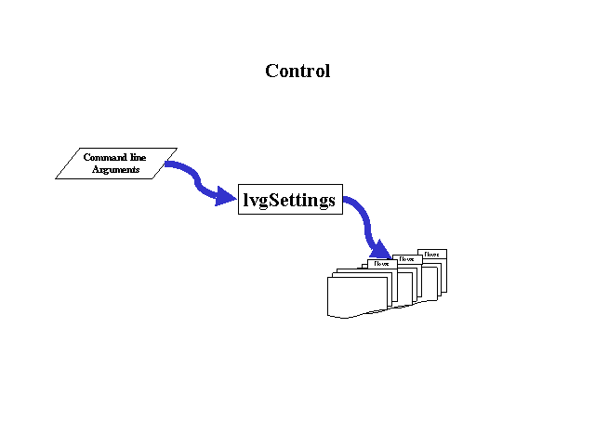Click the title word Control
point(297,71)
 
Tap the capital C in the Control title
point(271,71)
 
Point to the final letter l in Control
point(326,71)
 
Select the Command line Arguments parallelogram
point(115,164)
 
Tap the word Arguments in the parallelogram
point(115,170)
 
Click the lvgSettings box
point(289,199)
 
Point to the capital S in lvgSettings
point(274,199)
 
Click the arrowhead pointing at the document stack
point(378,250)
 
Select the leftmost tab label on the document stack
point(381,264)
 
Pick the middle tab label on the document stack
point(407,258)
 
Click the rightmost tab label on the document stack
point(432,253)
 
